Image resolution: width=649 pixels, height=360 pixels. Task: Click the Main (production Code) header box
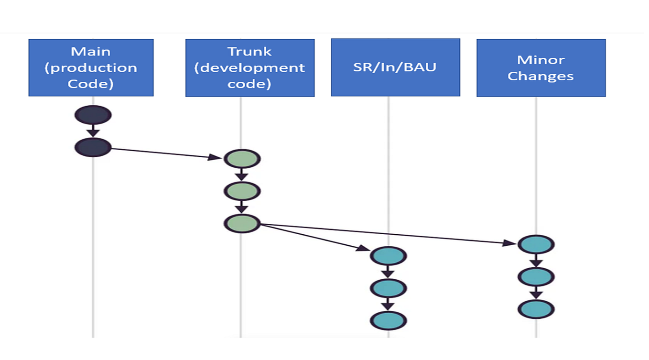pyautogui.click(x=91, y=67)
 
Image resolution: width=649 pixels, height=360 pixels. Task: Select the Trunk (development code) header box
pyautogui.click(x=249, y=67)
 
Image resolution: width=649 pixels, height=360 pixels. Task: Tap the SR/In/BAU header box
pyautogui.click(x=395, y=67)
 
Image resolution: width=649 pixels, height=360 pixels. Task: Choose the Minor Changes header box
pyautogui.click(x=541, y=67)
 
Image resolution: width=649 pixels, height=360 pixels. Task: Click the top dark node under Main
pyautogui.click(x=93, y=115)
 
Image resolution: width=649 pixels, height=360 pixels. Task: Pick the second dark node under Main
pyautogui.click(x=93, y=147)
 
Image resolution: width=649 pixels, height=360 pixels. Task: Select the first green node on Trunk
pyautogui.click(x=242, y=159)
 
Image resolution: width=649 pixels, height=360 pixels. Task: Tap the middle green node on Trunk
pyautogui.click(x=242, y=191)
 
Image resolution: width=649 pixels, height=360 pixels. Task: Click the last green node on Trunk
pyautogui.click(x=242, y=223)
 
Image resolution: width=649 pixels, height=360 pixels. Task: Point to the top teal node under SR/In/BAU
pyautogui.click(x=388, y=256)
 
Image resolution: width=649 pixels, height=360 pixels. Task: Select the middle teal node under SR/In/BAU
pyautogui.click(x=388, y=288)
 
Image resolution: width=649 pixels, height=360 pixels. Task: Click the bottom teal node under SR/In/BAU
pyautogui.click(x=388, y=320)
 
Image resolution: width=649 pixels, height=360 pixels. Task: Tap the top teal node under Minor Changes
pyautogui.click(x=536, y=244)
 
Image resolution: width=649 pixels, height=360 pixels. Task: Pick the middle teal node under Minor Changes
pyautogui.click(x=536, y=276)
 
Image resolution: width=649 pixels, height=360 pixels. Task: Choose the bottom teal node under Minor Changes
pyautogui.click(x=536, y=309)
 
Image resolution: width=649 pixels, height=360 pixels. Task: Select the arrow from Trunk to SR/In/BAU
pyautogui.click(x=315, y=237)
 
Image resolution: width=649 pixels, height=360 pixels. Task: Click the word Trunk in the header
pyautogui.click(x=249, y=52)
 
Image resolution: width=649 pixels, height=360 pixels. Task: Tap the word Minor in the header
pyautogui.click(x=541, y=60)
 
